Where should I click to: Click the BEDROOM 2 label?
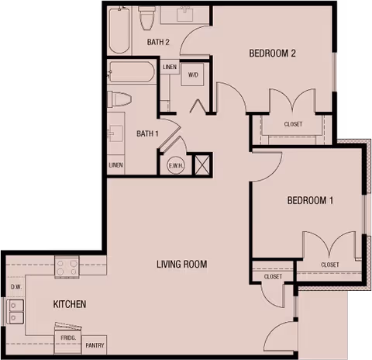[273, 54]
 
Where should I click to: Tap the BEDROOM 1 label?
[310, 201]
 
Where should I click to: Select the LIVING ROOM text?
[181, 265]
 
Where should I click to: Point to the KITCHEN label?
[69, 304]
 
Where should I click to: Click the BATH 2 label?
[158, 42]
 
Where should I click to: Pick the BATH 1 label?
[147, 133]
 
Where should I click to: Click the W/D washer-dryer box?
[193, 75]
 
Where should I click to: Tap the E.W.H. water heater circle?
[176, 165]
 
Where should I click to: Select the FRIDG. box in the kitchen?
[67, 339]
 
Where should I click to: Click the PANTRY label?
[95, 345]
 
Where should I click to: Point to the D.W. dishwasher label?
[15, 287]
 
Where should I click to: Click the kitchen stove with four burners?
[67, 268]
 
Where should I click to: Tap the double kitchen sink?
[15, 310]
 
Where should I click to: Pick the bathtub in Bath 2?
[119, 29]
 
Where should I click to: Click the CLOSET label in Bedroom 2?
[293, 124]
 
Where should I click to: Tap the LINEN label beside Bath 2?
[170, 67]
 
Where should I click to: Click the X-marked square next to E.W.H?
[201, 164]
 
